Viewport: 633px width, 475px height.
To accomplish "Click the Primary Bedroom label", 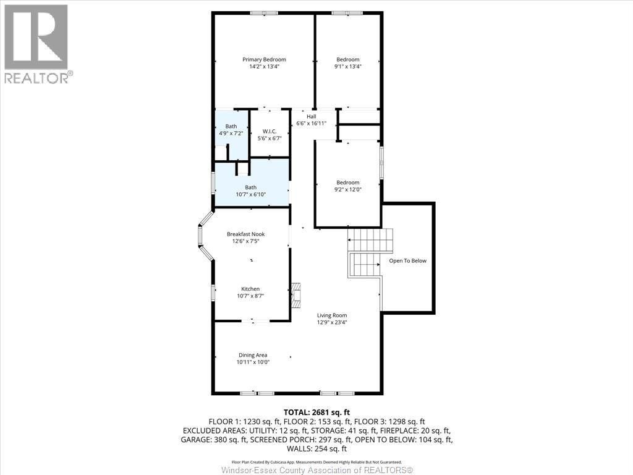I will (x=264, y=59).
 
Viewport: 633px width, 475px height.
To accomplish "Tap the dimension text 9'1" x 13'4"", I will (x=347, y=67).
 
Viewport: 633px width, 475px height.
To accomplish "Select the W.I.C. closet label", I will (x=269, y=131).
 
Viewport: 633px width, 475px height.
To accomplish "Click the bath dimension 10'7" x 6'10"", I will (x=250, y=195).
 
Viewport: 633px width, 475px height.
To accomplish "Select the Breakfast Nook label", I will (x=246, y=234).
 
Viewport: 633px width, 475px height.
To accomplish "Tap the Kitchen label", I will (x=250, y=289).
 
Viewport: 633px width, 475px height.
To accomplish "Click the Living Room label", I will (x=332, y=315).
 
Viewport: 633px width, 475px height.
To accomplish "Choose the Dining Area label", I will (x=253, y=355).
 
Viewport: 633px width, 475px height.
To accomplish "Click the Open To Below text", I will (x=407, y=260).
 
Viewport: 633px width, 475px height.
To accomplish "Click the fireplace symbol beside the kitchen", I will (x=297, y=295).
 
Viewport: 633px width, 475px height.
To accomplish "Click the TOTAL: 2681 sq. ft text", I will (x=316, y=412).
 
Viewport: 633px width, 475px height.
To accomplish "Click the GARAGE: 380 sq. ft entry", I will (x=213, y=440).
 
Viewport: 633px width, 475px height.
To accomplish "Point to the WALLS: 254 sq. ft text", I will (x=316, y=449).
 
